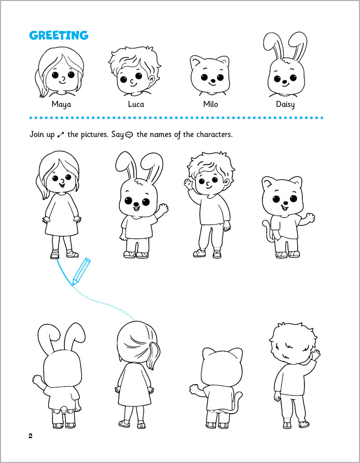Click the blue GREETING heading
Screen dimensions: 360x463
59,35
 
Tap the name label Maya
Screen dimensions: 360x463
61,105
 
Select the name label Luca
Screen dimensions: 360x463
136,104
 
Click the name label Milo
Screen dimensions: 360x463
211,104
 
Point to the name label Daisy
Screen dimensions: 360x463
285,105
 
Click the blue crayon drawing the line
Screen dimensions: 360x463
81,272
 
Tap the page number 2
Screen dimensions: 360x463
31,436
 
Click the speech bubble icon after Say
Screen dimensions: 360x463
129,135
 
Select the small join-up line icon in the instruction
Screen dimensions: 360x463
61,135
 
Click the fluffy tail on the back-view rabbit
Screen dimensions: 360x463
64,409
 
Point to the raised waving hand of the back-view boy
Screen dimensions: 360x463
316,354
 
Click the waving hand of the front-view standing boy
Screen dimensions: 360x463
188,184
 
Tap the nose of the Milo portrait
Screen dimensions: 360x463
212,80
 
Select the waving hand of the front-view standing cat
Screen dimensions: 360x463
310,218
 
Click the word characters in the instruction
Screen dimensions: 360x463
214,135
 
